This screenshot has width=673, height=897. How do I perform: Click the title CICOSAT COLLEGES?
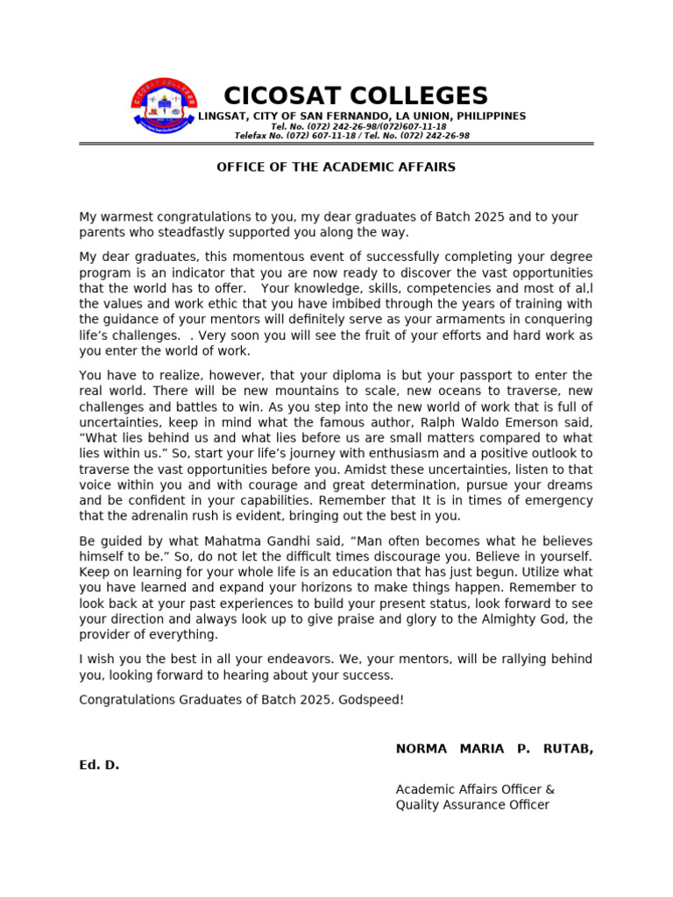tap(356, 95)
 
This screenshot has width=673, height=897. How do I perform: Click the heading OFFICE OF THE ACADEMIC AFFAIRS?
tap(336, 166)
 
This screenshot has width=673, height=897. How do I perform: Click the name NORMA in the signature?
tap(421, 748)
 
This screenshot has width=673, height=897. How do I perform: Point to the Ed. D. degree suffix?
tap(99, 765)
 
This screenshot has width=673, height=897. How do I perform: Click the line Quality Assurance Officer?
tap(472, 805)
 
